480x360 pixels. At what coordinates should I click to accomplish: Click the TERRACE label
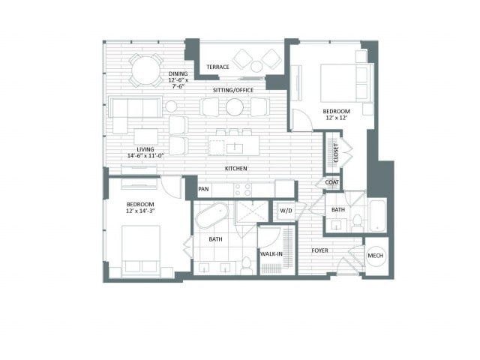click(217, 67)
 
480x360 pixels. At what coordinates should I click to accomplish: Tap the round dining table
click(146, 70)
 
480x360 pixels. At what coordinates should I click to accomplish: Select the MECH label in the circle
click(375, 255)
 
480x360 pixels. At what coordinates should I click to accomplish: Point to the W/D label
click(286, 211)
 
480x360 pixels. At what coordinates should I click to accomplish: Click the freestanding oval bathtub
click(212, 215)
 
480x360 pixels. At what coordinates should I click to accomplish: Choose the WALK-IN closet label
click(271, 253)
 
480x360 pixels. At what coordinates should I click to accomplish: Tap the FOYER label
click(320, 250)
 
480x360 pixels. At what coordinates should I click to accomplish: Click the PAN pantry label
click(203, 188)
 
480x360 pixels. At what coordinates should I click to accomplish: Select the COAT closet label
click(331, 182)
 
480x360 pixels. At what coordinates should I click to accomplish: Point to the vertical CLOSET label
click(336, 153)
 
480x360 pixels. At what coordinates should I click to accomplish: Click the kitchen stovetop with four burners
click(242, 190)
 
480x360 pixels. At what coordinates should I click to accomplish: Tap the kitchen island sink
click(235, 148)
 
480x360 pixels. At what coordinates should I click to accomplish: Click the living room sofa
click(136, 107)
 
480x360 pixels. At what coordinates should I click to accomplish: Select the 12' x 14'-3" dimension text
click(140, 211)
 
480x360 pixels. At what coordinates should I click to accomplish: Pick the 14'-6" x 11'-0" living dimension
click(145, 155)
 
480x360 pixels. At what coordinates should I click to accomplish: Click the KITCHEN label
click(235, 168)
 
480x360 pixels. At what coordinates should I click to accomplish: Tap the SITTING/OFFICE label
click(233, 90)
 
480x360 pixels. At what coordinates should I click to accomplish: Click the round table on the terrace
click(256, 67)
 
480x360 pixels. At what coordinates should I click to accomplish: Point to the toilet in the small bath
click(357, 223)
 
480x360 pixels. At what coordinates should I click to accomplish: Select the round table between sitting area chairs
click(235, 107)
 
